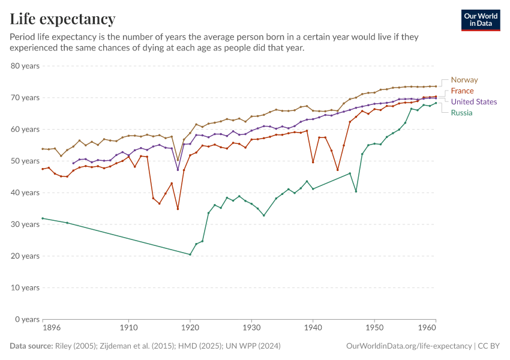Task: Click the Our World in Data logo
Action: (x=481, y=20)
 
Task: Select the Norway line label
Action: (x=464, y=80)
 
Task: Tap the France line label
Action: (x=462, y=91)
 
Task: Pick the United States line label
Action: (x=473, y=101)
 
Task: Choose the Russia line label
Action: (x=461, y=113)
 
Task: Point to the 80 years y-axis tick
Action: (x=25, y=65)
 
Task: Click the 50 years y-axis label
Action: (x=25, y=161)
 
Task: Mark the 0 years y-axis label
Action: (x=27, y=319)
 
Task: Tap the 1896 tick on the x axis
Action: (x=43, y=329)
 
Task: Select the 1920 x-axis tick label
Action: (x=190, y=329)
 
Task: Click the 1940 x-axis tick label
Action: (x=313, y=329)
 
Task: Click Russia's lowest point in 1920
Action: (x=190, y=254)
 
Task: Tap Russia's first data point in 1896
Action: (x=43, y=218)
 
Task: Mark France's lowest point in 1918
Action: (x=178, y=209)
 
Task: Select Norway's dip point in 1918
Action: (x=178, y=160)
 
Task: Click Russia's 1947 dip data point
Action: (x=356, y=191)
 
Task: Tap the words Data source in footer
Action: (x=30, y=346)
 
